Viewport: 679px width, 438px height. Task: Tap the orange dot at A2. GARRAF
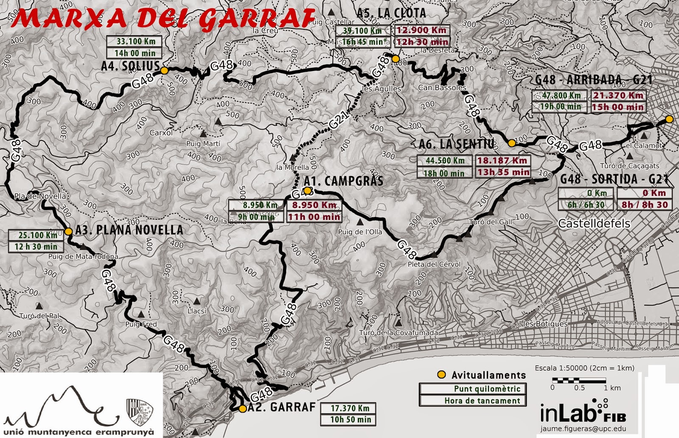tap(242, 409)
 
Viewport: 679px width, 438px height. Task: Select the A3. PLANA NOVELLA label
tap(129, 230)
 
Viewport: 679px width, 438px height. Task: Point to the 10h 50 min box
tap(351, 420)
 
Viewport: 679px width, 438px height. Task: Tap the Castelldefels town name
tap(594, 224)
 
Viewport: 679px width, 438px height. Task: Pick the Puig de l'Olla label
tap(360, 232)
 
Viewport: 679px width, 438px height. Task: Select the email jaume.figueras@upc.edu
tap(583, 429)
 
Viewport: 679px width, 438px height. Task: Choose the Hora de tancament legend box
tap(472, 401)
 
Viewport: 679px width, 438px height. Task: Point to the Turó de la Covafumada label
tap(398, 333)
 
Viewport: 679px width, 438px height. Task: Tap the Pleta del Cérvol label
tap(434, 264)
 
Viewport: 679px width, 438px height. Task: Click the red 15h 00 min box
tap(617, 107)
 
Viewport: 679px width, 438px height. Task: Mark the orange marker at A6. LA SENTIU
tap(512, 143)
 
